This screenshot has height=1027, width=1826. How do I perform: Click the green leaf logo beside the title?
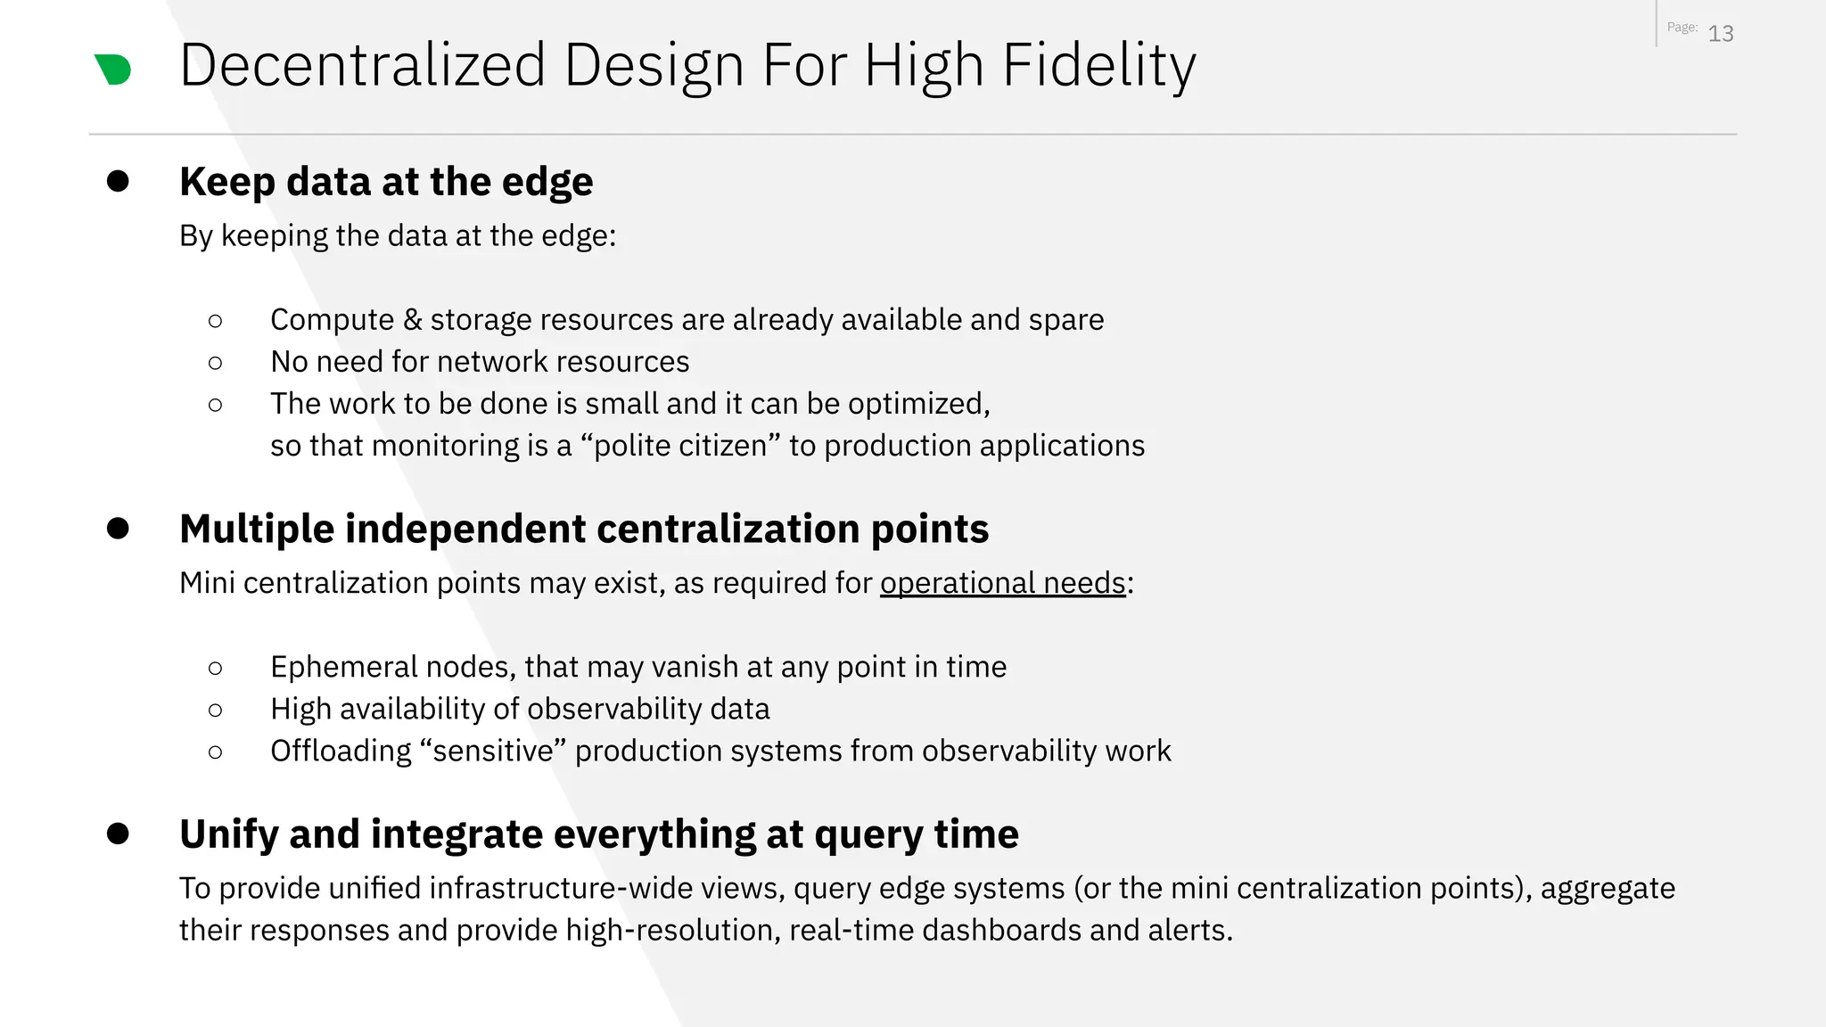[x=113, y=70]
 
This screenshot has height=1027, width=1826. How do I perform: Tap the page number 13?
[x=1720, y=34]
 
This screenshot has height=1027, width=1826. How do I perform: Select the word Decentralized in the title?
[x=362, y=66]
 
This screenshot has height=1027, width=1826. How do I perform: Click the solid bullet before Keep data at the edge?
[x=118, y=181]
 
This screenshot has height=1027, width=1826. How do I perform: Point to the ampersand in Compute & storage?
[x=411, y=320]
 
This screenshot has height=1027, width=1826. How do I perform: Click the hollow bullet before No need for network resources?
[x=215, y=363]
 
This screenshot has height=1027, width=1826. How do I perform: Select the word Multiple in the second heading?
[x=257, y=529]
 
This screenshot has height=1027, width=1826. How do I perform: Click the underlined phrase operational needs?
[x=1002, y=583]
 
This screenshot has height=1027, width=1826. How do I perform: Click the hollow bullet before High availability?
[x=215, y=710]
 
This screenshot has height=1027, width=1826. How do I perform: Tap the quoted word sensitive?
[x=498, y=752]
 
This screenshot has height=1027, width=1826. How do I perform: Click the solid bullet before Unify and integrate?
[x=118, y=834]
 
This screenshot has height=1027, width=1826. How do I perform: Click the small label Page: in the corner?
[x=1682, y=28]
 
